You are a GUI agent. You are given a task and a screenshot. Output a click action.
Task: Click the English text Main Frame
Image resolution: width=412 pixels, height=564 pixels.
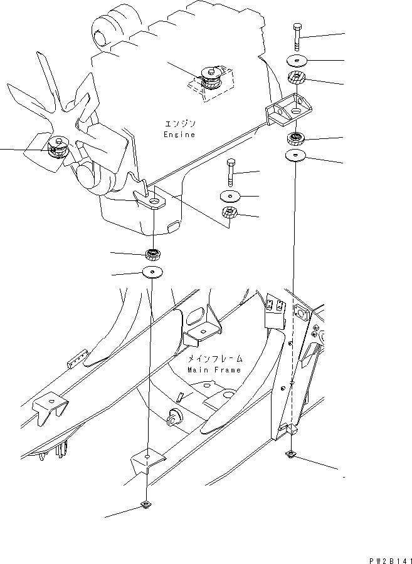[x=214, y=370]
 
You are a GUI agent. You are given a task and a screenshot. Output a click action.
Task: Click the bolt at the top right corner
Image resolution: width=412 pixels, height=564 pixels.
[x=297, y=38]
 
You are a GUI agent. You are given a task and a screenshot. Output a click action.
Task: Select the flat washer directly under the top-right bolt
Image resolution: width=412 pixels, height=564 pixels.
[x=297, y=61]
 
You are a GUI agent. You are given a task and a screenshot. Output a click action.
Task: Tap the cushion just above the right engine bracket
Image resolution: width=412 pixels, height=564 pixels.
[x=295, y=79]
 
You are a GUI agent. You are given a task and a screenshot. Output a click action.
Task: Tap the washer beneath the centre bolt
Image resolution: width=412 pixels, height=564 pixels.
[x=231, y=196]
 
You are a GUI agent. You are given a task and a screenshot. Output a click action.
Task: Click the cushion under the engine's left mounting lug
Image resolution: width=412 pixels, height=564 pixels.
[x=152, y=254]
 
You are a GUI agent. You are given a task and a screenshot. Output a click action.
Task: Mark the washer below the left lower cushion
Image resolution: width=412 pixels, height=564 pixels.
[x=152, y=272]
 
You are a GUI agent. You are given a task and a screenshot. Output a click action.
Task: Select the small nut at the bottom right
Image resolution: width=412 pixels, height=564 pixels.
[x=292, y=453]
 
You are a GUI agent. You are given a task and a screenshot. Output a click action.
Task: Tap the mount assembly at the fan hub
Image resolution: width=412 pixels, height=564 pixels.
[x=58, y=148]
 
